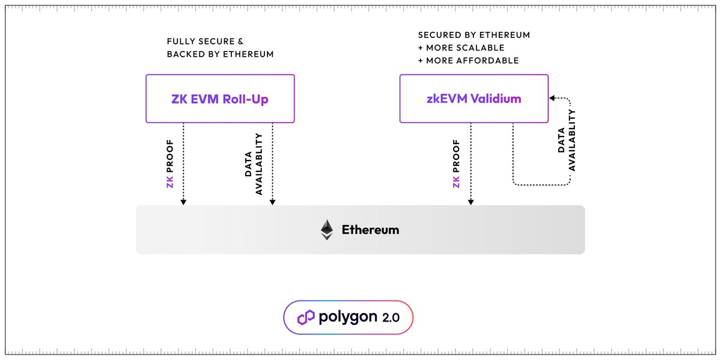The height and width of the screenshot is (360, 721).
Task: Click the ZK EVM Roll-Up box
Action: coord(220,99)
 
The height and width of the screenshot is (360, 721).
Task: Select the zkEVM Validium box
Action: coord(474,99)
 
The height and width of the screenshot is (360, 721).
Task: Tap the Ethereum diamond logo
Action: coord(327,230)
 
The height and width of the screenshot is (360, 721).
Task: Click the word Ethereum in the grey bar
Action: coord(371,230)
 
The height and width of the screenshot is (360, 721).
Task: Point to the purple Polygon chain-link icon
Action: coord(306,317)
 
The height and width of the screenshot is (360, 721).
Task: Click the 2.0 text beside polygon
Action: coord(391,318)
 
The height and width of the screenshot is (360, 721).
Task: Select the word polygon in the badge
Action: coord(348,317)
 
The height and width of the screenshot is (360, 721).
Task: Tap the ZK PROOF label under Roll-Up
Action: coord(170,163)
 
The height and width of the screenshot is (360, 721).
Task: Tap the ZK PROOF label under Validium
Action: coord(456,163)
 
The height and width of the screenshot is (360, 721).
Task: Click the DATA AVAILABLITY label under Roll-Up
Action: coord(254,164)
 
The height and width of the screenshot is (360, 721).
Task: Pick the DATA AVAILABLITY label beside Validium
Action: coord(567,140)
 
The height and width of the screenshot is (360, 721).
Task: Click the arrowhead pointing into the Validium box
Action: coord(552,98)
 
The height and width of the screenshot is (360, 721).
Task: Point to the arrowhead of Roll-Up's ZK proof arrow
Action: coord(183,202)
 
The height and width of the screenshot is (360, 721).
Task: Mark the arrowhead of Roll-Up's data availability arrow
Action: coord(273,202)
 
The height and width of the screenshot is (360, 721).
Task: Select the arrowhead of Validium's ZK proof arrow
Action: coord(471,202)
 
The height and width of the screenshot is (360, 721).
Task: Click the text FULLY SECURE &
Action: coord(205,41)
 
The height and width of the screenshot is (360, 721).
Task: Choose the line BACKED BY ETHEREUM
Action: coord(220,54)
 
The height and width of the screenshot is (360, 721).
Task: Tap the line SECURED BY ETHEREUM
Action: coord(474,35)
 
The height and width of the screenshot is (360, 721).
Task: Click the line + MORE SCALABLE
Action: coord(461,47)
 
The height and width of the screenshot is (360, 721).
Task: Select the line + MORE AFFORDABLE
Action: coord(468,61)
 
